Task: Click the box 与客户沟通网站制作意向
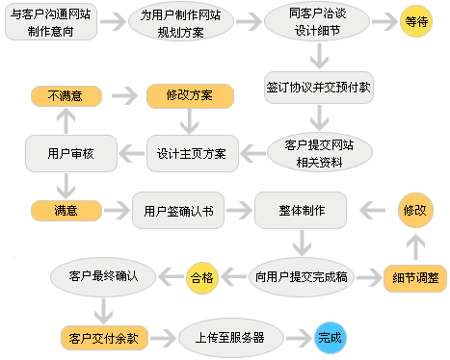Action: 55,24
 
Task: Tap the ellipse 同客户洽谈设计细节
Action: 314,24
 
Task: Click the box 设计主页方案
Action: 192,152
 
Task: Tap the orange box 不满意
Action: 65,96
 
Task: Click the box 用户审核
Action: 70,152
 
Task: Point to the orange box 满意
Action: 66,209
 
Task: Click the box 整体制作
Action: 300,210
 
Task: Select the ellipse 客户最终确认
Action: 105,277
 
